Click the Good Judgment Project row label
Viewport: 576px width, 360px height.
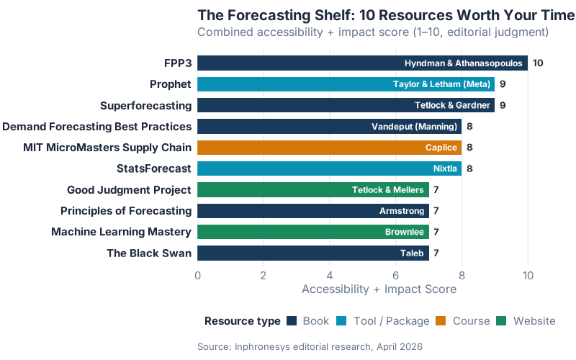129,190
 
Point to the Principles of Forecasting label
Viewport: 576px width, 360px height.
126,211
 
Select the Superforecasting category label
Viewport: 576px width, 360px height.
146,106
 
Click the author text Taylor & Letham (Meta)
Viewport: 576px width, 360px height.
441,84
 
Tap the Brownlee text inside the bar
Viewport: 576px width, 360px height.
405,232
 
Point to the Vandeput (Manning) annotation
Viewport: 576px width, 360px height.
414,127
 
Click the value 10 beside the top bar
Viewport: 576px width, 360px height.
538,63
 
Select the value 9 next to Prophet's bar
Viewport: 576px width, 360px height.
503,84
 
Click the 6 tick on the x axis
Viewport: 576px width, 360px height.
395,275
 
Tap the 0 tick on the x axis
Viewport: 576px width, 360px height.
197,275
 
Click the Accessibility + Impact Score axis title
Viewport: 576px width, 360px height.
379,289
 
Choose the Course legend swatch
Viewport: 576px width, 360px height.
442,321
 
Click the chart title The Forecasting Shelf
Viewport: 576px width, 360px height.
387,15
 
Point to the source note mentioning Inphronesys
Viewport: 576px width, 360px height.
310,346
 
